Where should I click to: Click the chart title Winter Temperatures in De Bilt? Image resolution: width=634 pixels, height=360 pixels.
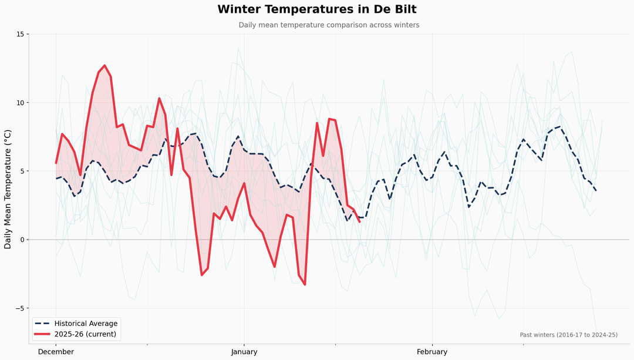[x=317, y=9]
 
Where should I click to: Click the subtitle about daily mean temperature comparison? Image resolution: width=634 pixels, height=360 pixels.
[x=329, y=25]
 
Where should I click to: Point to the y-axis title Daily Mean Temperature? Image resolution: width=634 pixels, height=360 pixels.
[x=8, y=189]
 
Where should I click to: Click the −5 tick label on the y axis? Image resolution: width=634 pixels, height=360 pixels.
[x=19, y=308]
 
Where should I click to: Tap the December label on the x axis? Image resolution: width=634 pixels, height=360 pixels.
[x=56, y=352]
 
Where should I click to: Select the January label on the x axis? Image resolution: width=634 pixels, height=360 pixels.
[x=244, y=352]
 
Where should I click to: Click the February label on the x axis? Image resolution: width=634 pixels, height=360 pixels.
[x=432, y=352]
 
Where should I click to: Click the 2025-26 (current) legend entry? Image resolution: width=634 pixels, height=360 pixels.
[x=85, y=334]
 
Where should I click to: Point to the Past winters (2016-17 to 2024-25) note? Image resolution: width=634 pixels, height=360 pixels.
[x=568, y=335]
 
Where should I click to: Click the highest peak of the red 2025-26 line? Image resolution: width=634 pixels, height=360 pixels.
[x=104, y=65]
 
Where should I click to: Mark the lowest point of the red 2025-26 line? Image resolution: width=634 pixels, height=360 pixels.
[x=305, y=285]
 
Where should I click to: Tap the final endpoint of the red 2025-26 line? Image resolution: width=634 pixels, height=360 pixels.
[x=359, y=222]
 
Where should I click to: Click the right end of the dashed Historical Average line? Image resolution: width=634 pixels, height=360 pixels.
[x=596, y=191]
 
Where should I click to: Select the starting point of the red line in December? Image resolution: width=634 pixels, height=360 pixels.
[x=56, y=163]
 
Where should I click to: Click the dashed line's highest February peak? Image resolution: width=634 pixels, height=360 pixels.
[x=560, y=126]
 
